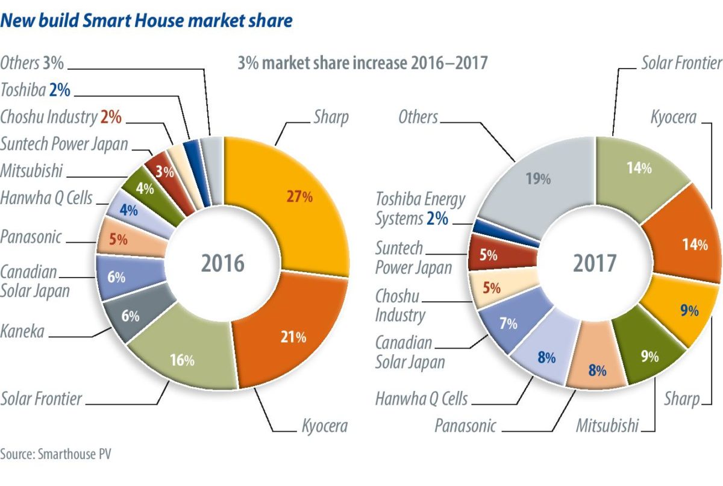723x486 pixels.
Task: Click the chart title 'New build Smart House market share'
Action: [147, 21]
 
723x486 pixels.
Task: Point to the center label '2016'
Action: [223, 263]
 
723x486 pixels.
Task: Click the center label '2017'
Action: [595, 263]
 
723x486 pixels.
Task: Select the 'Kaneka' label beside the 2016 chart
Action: [22, 331]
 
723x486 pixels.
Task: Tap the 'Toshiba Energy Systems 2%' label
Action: [412, 208]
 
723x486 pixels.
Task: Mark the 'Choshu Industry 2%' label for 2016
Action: [61, 117]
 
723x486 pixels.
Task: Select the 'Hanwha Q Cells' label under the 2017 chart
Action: [421, 398]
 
